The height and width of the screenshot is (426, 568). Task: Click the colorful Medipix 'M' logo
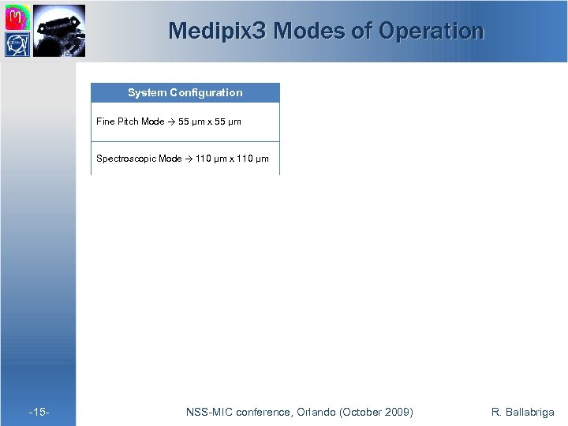click(x=18, y=17)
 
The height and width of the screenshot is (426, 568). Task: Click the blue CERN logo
click(x=18, y=44)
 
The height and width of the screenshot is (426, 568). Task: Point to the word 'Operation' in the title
click(x=432, y=31)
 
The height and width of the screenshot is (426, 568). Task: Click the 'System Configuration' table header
click(x=185, y=93)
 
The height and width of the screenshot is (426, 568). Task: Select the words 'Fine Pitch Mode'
click(x=130, y=122)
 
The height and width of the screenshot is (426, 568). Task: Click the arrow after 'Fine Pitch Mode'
click(x=171, y=122)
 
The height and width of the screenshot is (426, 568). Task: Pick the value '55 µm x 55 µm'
click(x=210, y=122)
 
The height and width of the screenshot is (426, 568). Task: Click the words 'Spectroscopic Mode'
click(x=139, y=159)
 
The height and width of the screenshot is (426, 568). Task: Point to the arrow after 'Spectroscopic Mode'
click(x=189, y=159)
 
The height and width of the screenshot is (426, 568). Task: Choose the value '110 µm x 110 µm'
click(x=232, y=159)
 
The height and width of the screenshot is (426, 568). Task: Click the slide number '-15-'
click(x=39, y=412)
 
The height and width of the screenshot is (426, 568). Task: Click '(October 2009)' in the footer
click(x=375, y=412)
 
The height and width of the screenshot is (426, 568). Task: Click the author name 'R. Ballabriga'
click(x=522, y=412)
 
